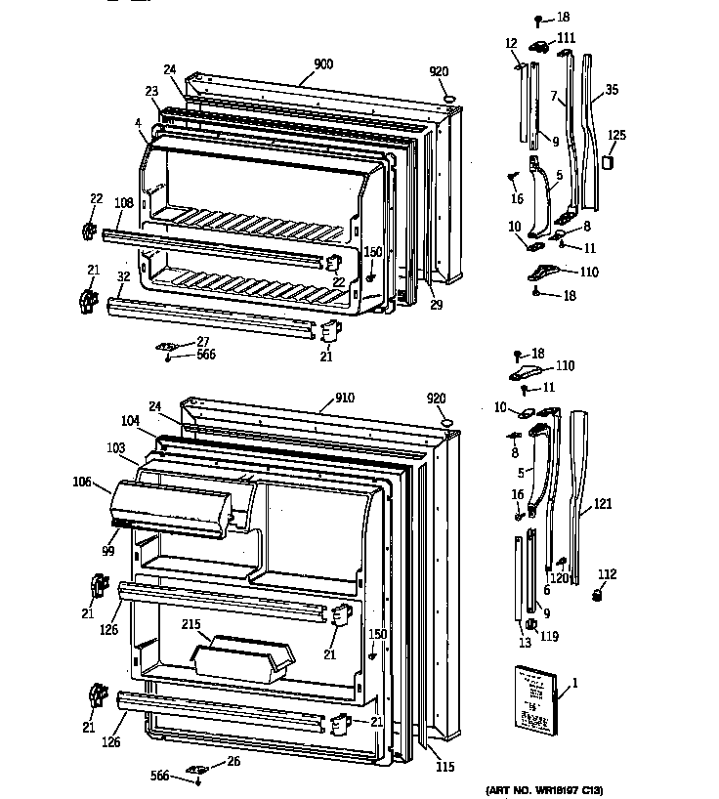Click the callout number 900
pos(323,64)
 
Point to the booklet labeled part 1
pos(533,697)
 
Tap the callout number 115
pos(444,767)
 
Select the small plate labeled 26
pos(199,768)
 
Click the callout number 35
pos(613,90)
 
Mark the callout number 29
pos(436,306)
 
